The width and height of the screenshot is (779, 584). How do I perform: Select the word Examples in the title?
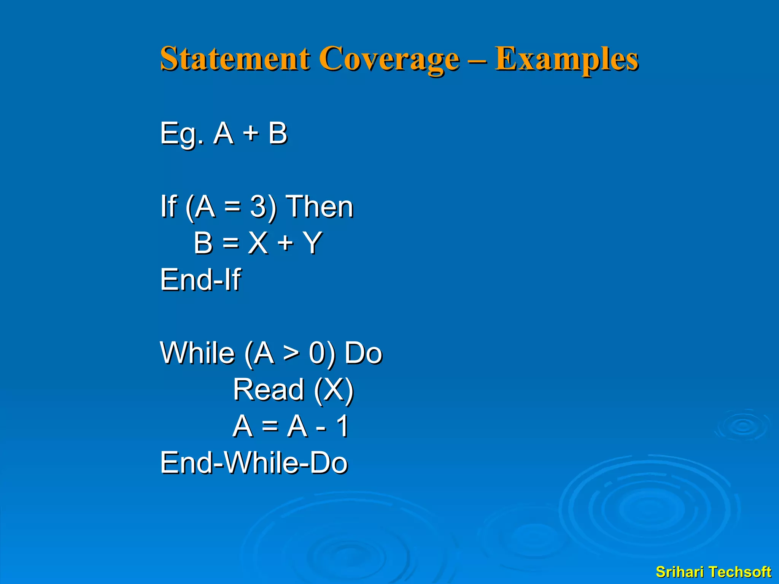pyautogui.click(x=566, y=59)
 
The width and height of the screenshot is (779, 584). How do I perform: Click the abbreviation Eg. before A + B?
pyautogui.click(x=182, y=134)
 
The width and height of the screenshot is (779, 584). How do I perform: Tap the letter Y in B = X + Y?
pyautogui.click(x=313, y=243)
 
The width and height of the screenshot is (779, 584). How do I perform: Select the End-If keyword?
pyautogui.click(x=200, y=279)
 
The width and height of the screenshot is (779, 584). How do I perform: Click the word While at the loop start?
pyautogui.click(x=197, y=353)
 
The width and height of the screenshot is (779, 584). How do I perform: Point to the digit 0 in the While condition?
pyautogui.click(x=317, y=353)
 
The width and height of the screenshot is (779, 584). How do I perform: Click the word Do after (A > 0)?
pyautogui.click(x=363, y=353)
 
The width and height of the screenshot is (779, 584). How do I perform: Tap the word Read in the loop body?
pyautogui.click(x=269, y=389)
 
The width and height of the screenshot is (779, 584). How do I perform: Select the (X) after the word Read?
pyautogui.click(x=334, y=390)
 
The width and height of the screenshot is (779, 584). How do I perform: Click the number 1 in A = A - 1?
pyautogui.click(x=343, y=426)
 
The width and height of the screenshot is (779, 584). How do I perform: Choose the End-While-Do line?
pyautogui.click(x=254, y=463)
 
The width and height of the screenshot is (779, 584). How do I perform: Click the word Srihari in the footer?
pyautogui.click(x=681, y=572)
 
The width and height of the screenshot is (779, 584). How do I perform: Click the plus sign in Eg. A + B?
pyautogui.click(x=251, y=134)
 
